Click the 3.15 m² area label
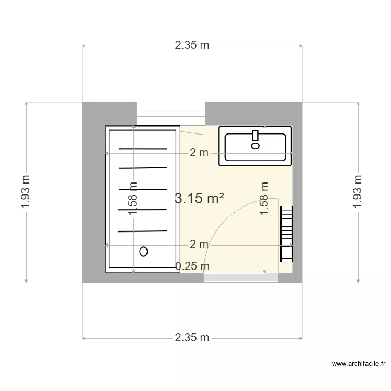pyautogui.click(x=200, y=199)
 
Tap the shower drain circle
pyautogui.click(x=143, y=251)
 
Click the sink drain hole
pyautogui.click(x=255, y=146)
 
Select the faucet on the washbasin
pyautogui.click(x=255, y=136)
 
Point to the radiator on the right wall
pyautogui.click(x=287, y=234)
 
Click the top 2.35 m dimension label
pyautogui.click(x=192, y=45)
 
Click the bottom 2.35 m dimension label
pyautogui.click(x=192, y=338)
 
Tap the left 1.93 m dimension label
pyautogui.click(x=26, y=191)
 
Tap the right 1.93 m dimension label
pyautogui.click(x=357, y=191)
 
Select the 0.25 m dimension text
pyautogui.click(x=192, y=266)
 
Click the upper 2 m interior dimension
pyautogui.click(x=199, y=153)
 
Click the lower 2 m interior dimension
pyautogui.click(x=199, y=245)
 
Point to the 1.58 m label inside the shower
pyautogui.click(x=132, y=198)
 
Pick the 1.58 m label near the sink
pyautogui.click(x=264, y=199)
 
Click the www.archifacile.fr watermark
pyautogui.click(x=359, y=364)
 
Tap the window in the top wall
pyautogui.click(x=171, y=114)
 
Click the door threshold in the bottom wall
pyautogui.click(x=241, y=278)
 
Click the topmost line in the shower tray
pyautogui.click(x=143, y=149)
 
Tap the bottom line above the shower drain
pyautogui.click(x=142, y=231)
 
